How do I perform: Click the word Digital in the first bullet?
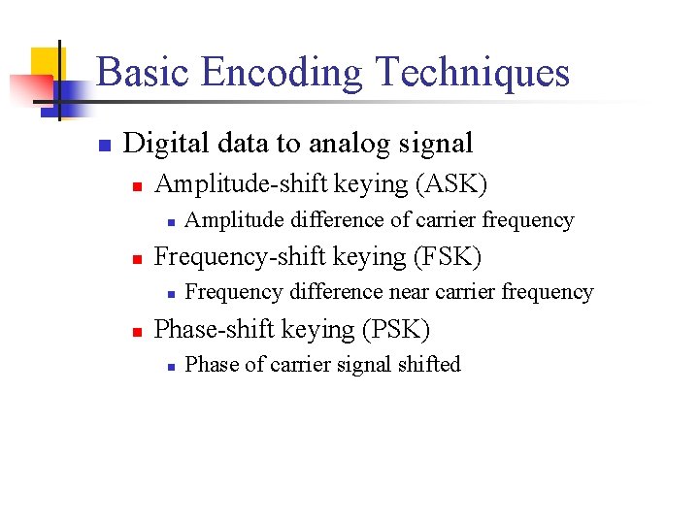tap(160, 144)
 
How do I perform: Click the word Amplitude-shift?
tap(248, 183)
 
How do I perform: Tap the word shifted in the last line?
tap(429, 365)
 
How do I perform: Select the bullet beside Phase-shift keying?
tap(137, 331)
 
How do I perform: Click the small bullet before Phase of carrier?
tap(169, 367)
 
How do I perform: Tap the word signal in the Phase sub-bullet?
tap(368, 365)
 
